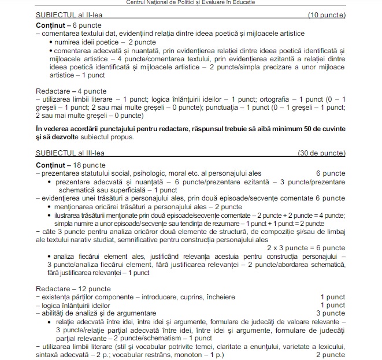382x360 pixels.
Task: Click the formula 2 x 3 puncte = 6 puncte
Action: (x=306, y=247)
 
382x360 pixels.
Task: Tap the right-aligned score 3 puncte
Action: (x=332, y=313)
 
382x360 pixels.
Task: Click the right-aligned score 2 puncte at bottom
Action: (x=332, y=354)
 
